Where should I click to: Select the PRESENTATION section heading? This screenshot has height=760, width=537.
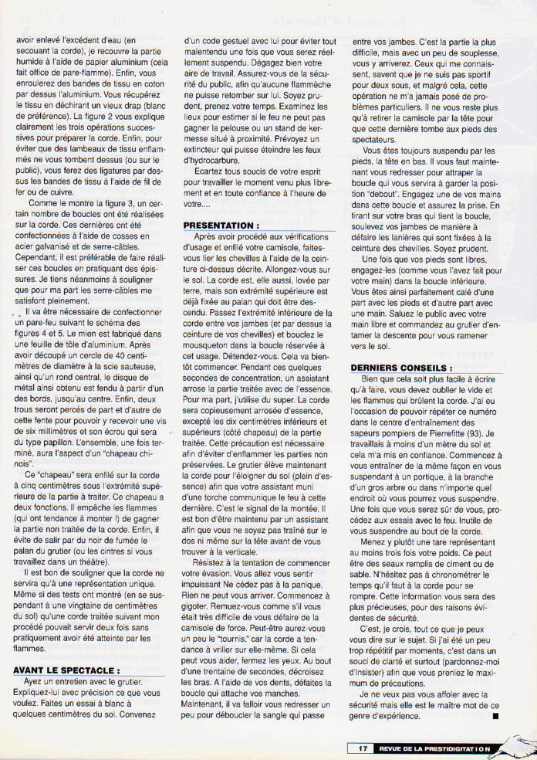[221, 225]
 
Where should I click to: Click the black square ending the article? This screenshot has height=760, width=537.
[494, 716]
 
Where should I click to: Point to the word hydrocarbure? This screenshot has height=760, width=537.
[210, 162]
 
